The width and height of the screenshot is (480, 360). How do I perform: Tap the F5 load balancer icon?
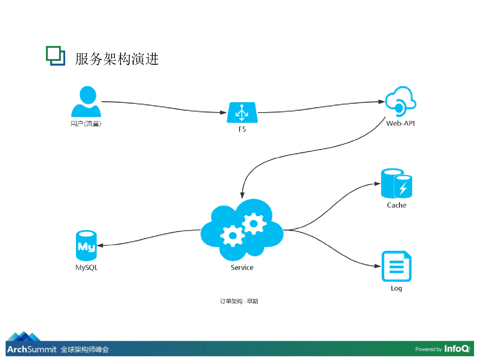tap(242, 112)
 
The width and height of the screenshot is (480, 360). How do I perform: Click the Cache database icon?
tap(397, 184)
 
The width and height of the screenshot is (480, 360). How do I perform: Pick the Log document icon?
tap(397, 266)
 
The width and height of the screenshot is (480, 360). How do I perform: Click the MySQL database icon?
tap(86, 245)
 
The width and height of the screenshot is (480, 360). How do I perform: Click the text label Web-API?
tap(400, 123)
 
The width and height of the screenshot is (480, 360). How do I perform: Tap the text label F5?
tap(242, 129)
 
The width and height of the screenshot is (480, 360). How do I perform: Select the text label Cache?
tap(397, 205)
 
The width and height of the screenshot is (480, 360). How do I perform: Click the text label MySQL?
tap(87, 268)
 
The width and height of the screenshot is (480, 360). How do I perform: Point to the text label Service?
tap(242, 268)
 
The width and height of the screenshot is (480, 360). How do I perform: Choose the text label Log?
tap(397, 288)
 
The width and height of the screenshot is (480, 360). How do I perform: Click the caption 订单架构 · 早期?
tap(239, 301)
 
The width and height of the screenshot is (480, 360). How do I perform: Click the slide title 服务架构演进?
tap(117, 59)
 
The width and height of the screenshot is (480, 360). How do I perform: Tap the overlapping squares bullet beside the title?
tap(56, 56)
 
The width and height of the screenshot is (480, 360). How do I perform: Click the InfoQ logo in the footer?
tap(457, 349)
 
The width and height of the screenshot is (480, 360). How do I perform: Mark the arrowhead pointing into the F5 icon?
tap(224, 112)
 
